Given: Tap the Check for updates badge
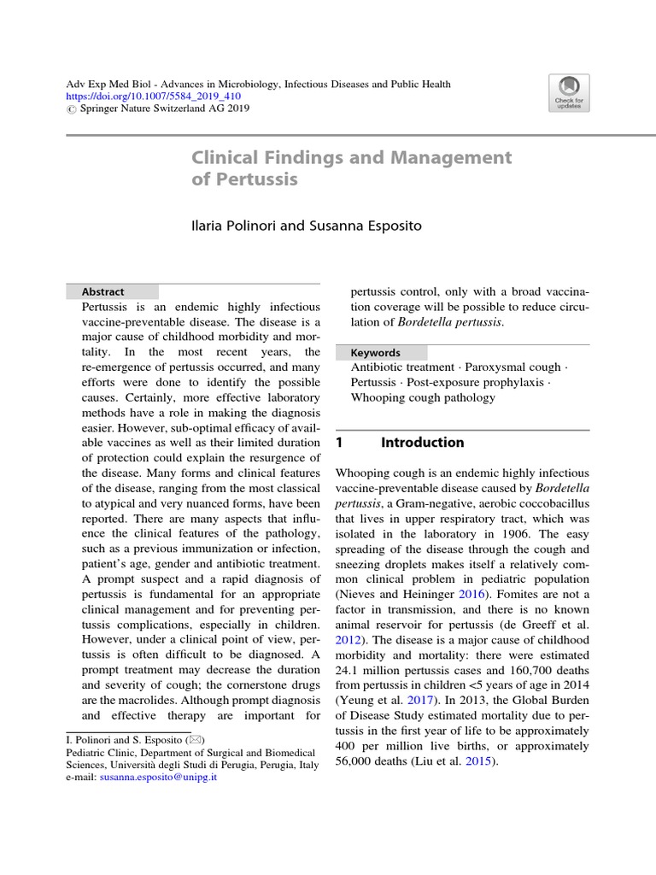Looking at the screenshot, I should (569, 93).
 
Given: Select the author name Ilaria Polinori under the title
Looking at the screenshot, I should (232, 226).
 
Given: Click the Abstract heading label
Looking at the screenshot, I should (102, 291).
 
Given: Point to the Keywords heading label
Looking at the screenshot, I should (375, 352).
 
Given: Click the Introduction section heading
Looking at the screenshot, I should (422, 443).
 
